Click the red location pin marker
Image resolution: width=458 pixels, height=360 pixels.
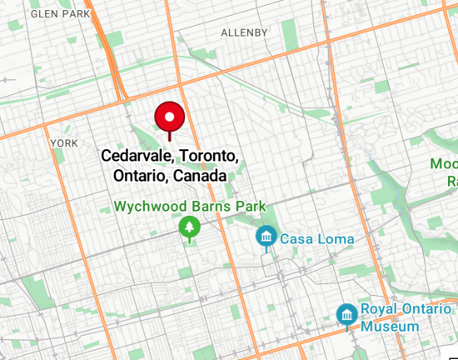170,117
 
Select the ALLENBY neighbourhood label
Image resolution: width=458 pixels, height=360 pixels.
245,32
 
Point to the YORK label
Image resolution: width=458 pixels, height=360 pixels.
64,143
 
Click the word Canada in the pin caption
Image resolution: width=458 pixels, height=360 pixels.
201,177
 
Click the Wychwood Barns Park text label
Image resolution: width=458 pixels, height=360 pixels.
190,206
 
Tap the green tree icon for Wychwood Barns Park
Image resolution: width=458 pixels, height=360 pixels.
190,227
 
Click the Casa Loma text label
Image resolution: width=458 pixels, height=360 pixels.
316,239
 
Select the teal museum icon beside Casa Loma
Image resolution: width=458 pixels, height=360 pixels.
266,237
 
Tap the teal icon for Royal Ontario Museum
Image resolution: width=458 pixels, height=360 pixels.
346,315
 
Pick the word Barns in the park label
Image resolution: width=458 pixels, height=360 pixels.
208,206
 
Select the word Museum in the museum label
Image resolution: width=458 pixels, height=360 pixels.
390,326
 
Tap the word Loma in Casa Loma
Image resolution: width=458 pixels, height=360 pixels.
336,239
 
